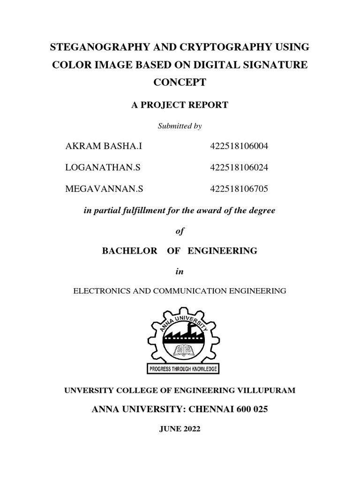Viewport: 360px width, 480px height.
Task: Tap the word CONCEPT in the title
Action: point(180,82)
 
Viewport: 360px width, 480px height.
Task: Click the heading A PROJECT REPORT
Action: point(180,105)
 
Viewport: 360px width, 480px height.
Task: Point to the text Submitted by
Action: point(180,125)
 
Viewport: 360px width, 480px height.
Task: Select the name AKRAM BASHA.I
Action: point(103,147)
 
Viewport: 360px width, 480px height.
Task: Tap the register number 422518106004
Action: point(239,147)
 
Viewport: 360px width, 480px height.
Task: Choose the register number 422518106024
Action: point(239,167)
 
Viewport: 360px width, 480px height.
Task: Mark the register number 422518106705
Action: point(239,188)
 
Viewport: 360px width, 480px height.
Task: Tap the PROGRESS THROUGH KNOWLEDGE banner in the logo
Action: point(183,369)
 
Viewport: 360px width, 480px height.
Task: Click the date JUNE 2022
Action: point(180,429)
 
